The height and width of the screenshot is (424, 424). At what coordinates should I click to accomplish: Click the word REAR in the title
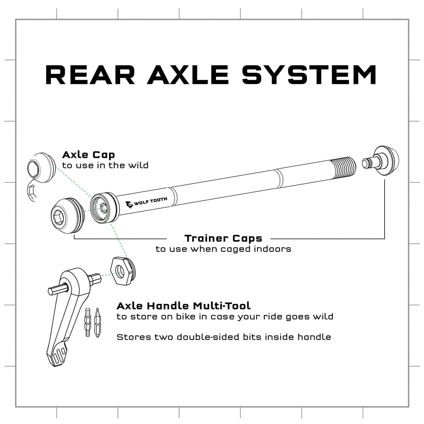[90, 74]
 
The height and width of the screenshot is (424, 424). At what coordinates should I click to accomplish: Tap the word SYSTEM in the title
[309, 74]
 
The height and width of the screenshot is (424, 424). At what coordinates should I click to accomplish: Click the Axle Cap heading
[88, 155]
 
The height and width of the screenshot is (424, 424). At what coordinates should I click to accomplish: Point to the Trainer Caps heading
[223, 239]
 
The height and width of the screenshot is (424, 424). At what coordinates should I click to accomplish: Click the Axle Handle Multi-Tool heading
[183, 306]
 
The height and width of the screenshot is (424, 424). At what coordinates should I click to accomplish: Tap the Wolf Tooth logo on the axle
[147, 202]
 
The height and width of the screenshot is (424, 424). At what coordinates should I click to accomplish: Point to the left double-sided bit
[87, 322]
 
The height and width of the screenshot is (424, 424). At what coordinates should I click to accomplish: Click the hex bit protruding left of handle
[57, 290]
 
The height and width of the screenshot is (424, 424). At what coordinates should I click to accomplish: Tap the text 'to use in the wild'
[105, 165]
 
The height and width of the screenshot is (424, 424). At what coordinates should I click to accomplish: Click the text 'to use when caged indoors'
[223, 249]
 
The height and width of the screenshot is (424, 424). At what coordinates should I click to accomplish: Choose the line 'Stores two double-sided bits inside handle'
[224, 337]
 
